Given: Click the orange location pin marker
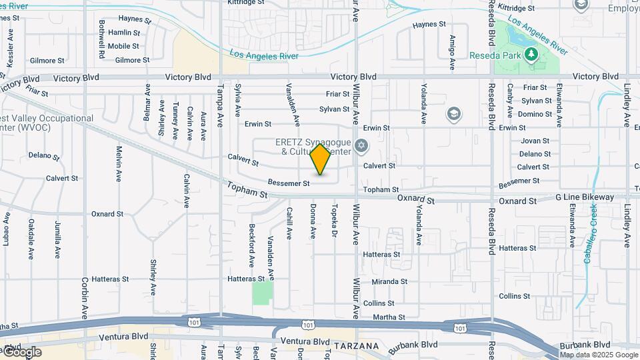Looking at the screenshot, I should (x=321, y=159).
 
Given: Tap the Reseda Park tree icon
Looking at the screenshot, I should (x=532, y=55).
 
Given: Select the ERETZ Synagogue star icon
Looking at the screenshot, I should (x=361, y=145).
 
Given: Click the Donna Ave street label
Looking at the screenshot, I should (x=312, y=222).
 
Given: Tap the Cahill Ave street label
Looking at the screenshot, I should (x=289, y=223).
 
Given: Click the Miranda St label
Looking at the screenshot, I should (x=389, y=282).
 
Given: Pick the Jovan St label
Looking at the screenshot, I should (x=535, y=141).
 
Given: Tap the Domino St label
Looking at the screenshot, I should (x=535, y=114).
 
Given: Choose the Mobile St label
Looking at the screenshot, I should (x=123, y=46).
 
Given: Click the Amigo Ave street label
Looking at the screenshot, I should (x=452, y=53).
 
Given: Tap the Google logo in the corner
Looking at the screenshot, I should (x=21, y=352).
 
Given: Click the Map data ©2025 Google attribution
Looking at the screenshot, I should (x=598, y=354).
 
